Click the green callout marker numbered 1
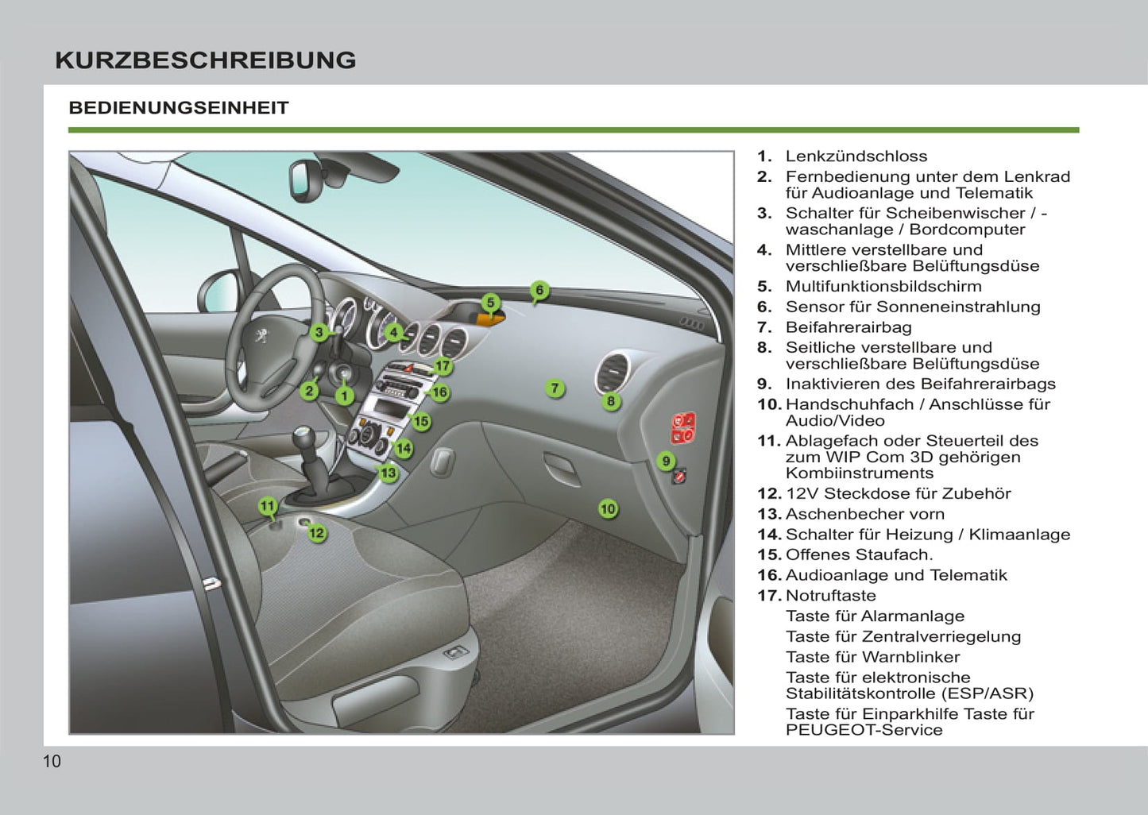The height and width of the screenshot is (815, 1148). (344, 395)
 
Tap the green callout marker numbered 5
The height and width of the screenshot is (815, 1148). (491, 303)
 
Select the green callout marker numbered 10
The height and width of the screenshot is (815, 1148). (608, 508)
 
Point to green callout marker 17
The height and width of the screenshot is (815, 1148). (443, 366)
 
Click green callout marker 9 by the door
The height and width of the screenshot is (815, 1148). (666, 461)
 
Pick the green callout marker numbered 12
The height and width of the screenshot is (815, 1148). (316, 532)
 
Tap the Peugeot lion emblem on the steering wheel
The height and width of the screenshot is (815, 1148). (260, 337)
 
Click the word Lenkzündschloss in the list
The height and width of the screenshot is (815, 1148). (856, 156)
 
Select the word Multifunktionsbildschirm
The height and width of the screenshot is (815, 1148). (883, 287)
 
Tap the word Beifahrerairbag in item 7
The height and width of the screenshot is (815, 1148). (848, 327)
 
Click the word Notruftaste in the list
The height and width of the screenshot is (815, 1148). (830, 596)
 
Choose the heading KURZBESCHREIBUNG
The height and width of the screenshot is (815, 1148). (205, 60)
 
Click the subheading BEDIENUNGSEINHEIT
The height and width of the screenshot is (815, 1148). (179, 108)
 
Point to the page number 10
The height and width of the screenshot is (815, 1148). (52, 762)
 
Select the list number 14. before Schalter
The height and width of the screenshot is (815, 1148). (769, 535)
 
